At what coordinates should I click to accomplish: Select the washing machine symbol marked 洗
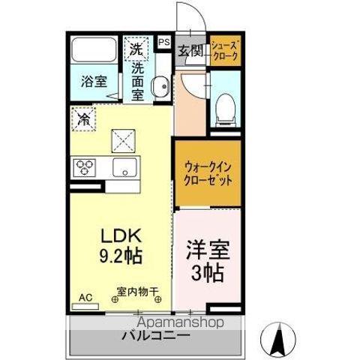click(136, 49)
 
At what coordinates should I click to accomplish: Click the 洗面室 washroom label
click(138, 81)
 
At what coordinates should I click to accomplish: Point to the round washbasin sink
click(160, 88)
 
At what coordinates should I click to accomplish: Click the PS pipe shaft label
click(163, 43)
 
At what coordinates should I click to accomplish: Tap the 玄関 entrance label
click(190, 52)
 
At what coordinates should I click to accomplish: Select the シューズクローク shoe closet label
click(224, 51)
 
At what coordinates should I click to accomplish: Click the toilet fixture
click(224, 111)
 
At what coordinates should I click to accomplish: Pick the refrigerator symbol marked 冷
click(84, 118)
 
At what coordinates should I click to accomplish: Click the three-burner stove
click(84, 167)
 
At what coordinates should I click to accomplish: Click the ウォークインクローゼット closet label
click(208, 173)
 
